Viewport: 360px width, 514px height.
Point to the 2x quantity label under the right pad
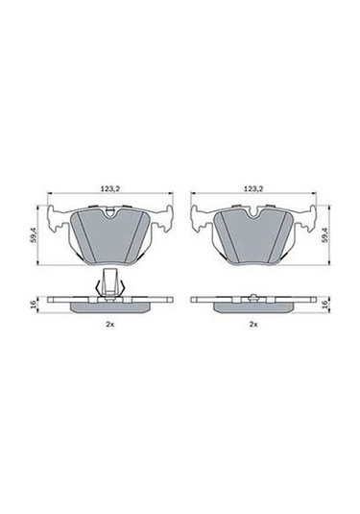[253, 326]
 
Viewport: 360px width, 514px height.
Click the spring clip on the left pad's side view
[109, 283]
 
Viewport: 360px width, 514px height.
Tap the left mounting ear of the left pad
[57, 219]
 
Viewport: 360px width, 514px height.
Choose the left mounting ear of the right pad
[201, 219]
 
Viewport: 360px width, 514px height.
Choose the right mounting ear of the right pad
[306, 219]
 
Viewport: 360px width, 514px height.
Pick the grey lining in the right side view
[253, 305]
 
